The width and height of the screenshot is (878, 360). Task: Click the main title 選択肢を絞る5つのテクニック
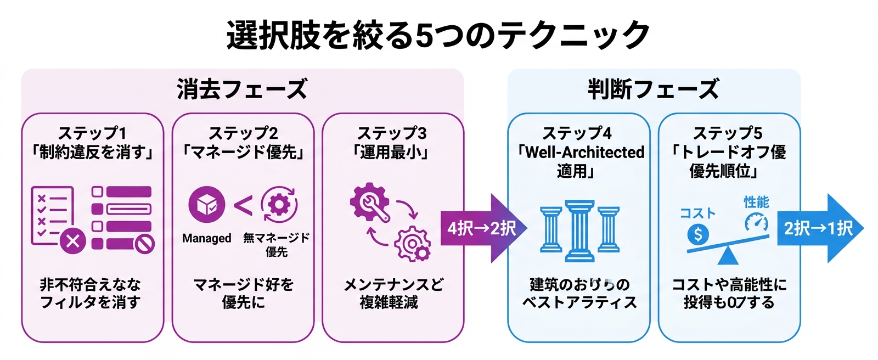pos(438,35)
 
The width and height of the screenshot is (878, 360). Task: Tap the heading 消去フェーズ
pos(242,89)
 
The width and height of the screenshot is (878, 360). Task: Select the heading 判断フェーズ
pos(653,89)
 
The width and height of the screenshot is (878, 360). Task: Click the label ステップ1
pos(92,133)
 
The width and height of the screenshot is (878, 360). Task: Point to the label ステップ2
pos(243,133)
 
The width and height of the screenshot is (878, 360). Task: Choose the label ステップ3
pos(392,133)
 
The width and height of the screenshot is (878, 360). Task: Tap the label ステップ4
pos(577,133)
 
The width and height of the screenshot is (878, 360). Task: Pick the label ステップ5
pos(728,133)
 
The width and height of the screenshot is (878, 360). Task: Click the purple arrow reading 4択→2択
pos(481,228)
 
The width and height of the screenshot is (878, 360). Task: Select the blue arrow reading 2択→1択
pos(818,228)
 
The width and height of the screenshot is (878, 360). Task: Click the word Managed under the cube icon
pos(206,238)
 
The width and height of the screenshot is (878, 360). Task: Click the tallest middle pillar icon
pos(580,230)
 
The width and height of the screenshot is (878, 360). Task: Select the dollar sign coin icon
pos(697,235)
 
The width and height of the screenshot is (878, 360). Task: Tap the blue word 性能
pos(756,202)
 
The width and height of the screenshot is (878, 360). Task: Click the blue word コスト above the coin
pos(698,213)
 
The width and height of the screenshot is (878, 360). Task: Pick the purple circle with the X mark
pos(72,241)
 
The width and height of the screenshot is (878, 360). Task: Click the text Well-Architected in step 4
pos(585,153)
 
